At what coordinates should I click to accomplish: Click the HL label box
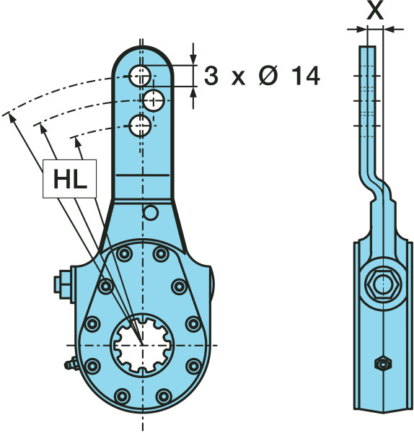click(x=69, y=179)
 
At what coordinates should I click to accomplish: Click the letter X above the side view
click(x=375, y=12)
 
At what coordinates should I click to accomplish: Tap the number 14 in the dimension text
click(x=306, y=76)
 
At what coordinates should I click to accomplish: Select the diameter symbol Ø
click(x=268, y=76)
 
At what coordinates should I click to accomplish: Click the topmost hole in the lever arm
click(x=140, y=76)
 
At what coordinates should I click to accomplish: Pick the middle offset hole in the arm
click(x=154, y=100)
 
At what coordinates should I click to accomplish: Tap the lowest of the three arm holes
click(x=140, y=126)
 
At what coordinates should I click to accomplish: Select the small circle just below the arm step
click(x=151, y=213)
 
